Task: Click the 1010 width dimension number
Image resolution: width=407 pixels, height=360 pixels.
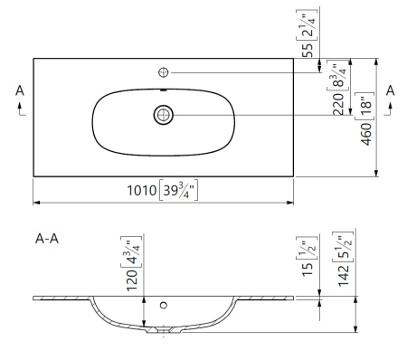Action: pos(141,191)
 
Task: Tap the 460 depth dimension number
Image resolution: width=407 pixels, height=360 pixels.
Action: pos(366,134)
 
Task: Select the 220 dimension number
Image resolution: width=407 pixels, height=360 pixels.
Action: pos(338,104)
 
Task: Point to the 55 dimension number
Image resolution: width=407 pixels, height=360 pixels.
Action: pos(308,50)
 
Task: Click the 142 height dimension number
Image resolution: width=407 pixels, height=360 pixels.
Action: pos(344,276)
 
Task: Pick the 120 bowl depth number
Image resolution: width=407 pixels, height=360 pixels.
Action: pos(132,280)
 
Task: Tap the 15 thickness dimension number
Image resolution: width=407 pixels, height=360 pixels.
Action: pos(308,270)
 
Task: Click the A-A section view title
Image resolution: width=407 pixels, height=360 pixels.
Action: pos(47,239)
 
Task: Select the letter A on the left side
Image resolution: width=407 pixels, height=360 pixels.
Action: pos(20,90)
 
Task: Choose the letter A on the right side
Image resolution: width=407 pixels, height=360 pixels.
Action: pos(391,90)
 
